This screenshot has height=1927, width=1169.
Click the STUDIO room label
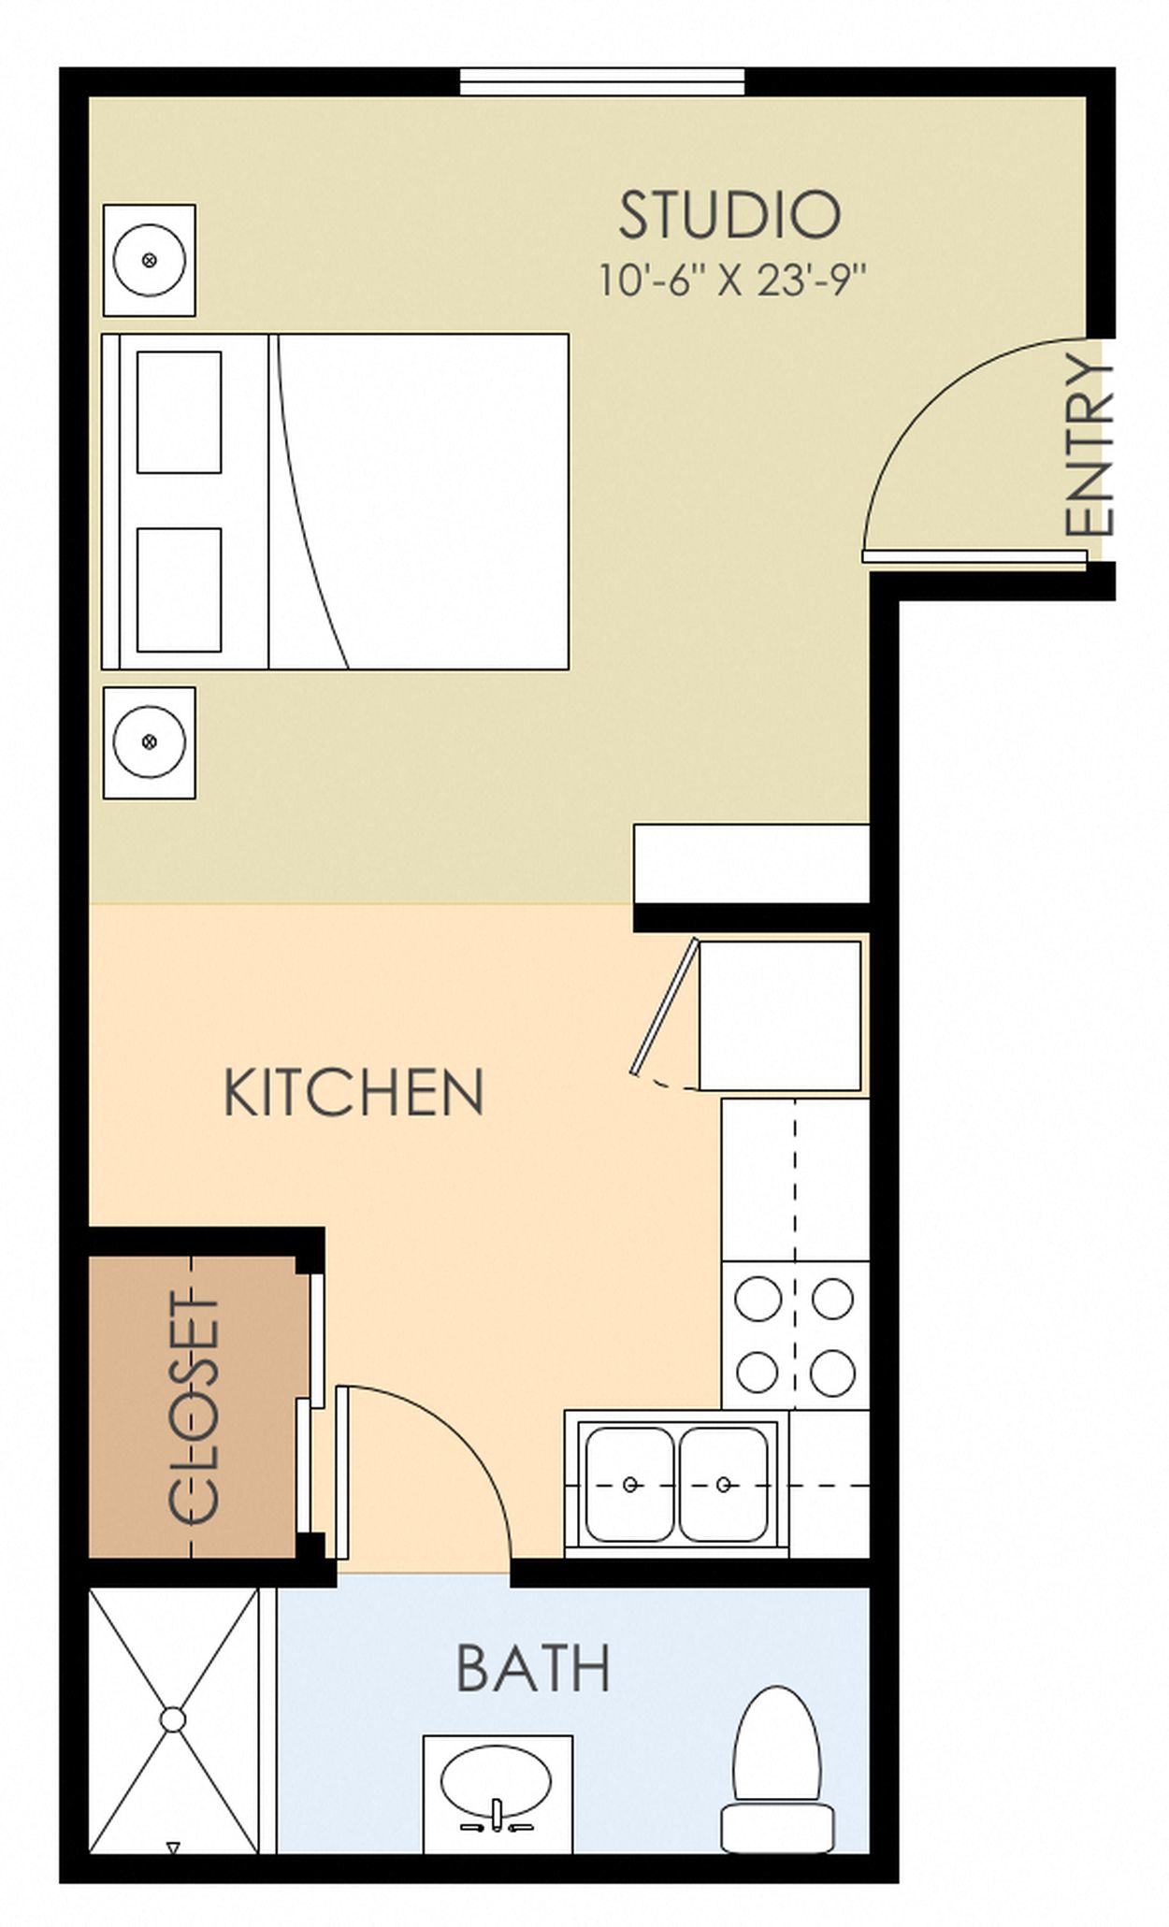click(x=729, y=214)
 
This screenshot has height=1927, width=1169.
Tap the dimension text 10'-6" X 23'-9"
click(x=732, y=280)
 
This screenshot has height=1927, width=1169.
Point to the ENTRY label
click(x=1090, y=447)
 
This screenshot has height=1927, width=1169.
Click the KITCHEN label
click(x=354, y=1091)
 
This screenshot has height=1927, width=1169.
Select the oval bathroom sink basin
click(x=497, y=1781)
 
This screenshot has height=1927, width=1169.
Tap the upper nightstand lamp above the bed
click(x=149, y=260)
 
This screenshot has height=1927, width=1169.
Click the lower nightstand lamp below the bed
click(x=149, y=742)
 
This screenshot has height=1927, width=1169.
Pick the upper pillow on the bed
click(x=180, y=412)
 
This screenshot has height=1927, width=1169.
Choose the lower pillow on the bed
click(x=180, y=590)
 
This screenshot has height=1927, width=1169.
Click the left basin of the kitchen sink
click(x=628, y=1484)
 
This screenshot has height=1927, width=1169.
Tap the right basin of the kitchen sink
click(x=724, y=1484)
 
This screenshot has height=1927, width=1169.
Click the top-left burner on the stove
click(x=758, y=1299)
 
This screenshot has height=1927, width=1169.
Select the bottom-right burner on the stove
click(x=832, y=1373)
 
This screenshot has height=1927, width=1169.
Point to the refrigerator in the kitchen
click(x=780, y=1015)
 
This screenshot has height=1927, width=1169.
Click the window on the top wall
click(x=602, y=81)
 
